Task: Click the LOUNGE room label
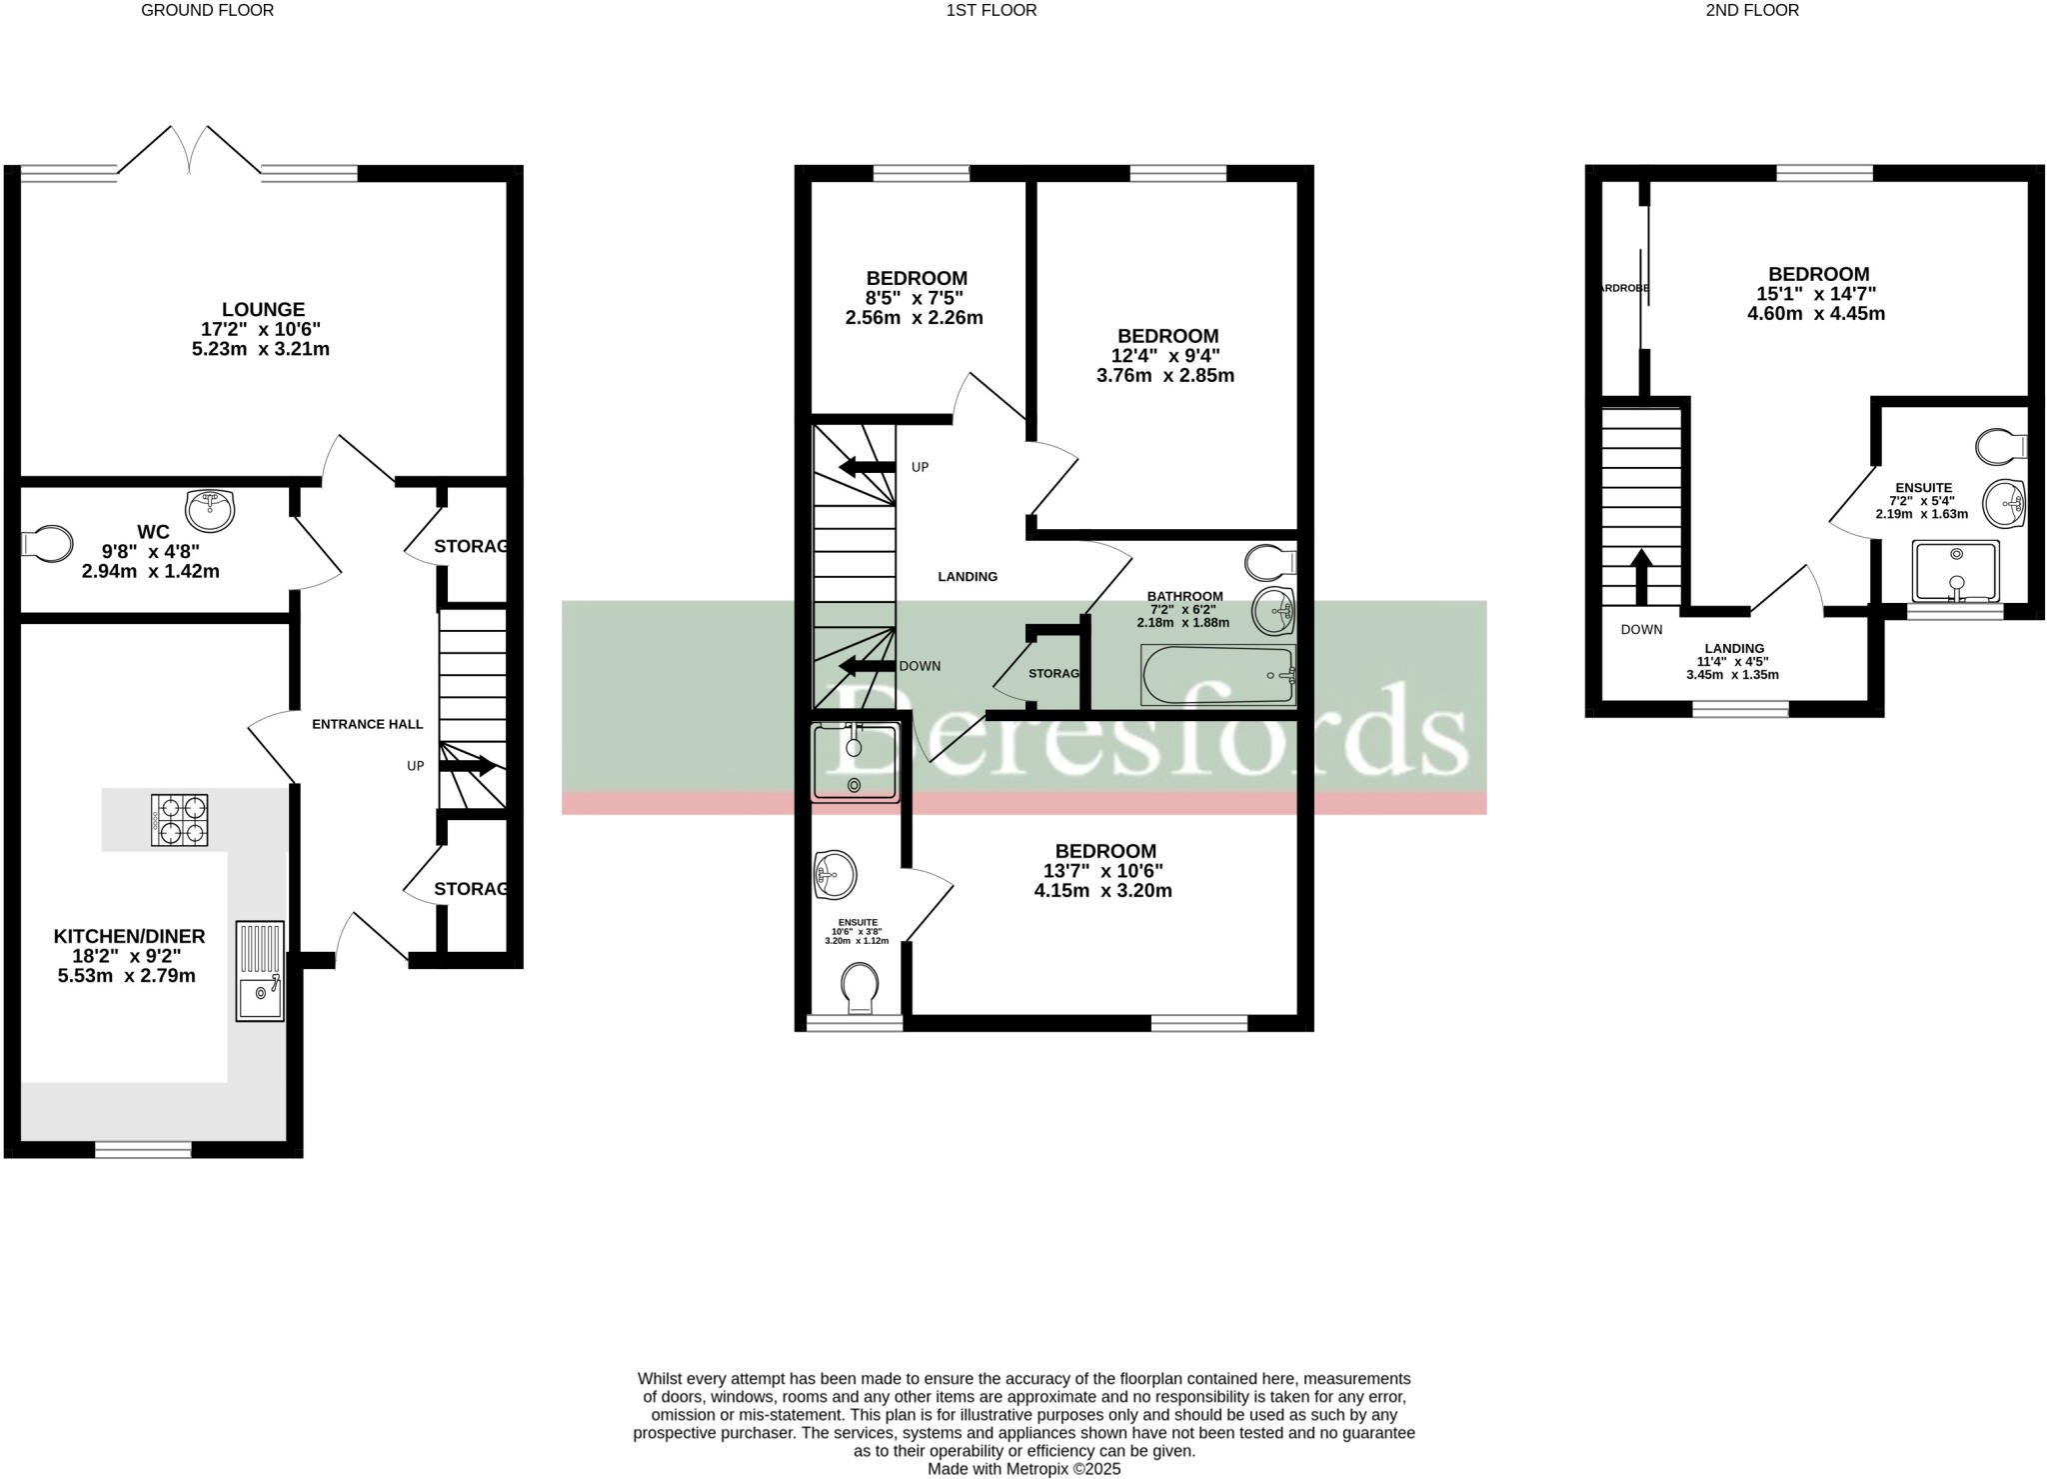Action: [x=263, y=310]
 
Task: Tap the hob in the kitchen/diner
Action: [x=180, y=820]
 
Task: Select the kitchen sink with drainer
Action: [x=260, y=970]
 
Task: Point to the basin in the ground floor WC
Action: [x=210, y=510]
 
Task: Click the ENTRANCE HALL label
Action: [x=367, y=724]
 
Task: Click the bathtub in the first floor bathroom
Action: [x=1217, y=676]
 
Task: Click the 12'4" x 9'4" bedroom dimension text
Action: [x=1165, y=356]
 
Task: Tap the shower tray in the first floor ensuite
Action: [x=855, y=764]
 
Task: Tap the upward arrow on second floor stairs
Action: [x=1640, y=576]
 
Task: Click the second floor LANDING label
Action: [x=1734, y=648]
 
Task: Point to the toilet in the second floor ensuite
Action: [x=2001, y=446]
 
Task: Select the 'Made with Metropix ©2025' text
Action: [x=1023, y=1469]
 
